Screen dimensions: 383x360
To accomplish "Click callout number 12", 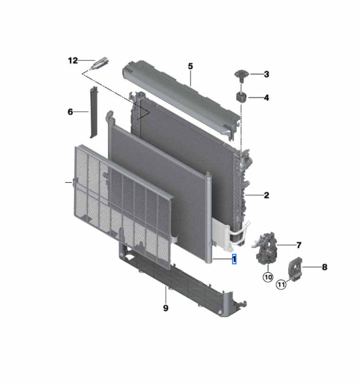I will point(73,60).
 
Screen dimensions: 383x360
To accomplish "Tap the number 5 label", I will point(190,66).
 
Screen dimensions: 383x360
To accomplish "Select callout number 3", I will point(266,74).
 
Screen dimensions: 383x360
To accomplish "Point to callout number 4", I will point(266,98).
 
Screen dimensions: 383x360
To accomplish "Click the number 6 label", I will point(70,112).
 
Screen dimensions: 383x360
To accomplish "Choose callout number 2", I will point(265,195).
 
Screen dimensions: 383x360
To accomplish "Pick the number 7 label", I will point(298,245).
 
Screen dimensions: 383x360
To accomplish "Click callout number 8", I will point(324,266).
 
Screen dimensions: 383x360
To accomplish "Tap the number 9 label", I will point(165,308).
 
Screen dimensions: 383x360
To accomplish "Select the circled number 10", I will point(267,277).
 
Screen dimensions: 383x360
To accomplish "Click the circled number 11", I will point(282,284).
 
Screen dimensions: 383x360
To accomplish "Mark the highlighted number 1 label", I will point(235,260).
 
